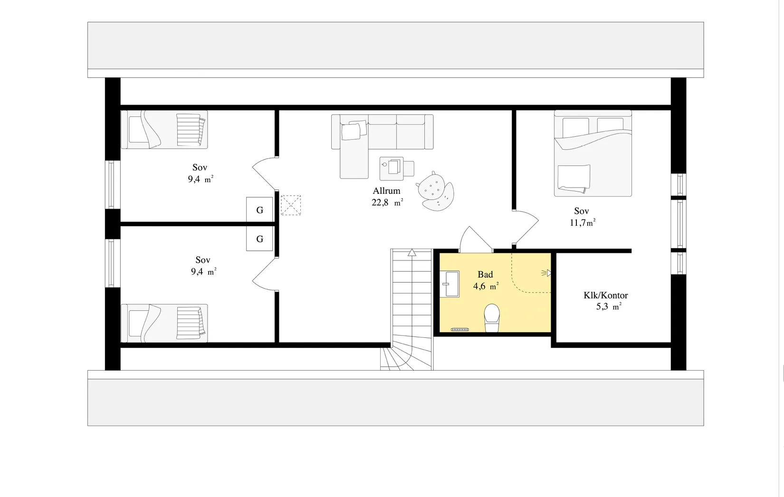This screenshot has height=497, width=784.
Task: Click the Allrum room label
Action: [x=386, y=191]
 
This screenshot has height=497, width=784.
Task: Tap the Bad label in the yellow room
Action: [x=485, y=275]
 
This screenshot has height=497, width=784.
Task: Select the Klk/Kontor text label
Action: [x=605, y=295]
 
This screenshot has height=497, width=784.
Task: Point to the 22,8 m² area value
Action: [x=387, y=203]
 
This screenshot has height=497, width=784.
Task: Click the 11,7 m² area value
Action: [x=583, y=222]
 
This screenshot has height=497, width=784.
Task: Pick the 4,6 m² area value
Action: [x=486, y=287]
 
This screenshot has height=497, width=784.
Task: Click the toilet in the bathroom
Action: [x=492, y=318]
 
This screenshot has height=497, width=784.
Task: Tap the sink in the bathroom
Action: [x=449, y=284]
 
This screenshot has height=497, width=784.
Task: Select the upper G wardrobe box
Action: [x=259, y=210]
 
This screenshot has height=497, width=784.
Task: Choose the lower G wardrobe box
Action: [x=259, y=239]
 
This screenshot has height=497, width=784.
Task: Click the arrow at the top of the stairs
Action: [x=412, y=252]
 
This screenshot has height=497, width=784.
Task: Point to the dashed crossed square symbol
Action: [x=290, y=205]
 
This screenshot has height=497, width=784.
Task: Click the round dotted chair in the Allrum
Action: [x=435, y=191]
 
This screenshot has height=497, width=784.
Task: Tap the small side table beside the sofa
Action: [x=392, y=168]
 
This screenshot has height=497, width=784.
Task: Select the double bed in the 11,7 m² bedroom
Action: [x=593, y=153]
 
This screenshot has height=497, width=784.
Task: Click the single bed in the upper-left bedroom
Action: [x=164, y=130]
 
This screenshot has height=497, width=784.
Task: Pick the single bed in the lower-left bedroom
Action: [x=164, y=323]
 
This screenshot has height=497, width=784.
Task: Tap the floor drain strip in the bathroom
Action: [x=460, y=329]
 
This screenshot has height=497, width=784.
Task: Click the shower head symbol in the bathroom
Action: [x=546, y=273]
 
